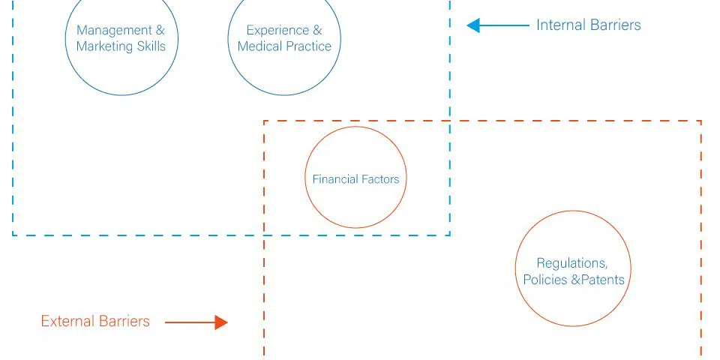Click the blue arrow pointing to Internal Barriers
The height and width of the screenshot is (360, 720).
[498, 25]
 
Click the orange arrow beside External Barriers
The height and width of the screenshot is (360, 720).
[196, 322]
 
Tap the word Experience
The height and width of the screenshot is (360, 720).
[277, 30]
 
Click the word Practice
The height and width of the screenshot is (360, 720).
[308, 46]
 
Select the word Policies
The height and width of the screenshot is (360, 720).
[545, 280]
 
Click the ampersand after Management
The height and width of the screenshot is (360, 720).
[160, 30]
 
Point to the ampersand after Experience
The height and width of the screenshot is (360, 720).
[317, 30]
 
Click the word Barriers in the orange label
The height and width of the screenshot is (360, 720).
[124, 321]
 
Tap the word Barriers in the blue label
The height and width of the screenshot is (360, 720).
[614, 25]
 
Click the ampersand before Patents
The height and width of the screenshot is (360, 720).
[576, 280]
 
